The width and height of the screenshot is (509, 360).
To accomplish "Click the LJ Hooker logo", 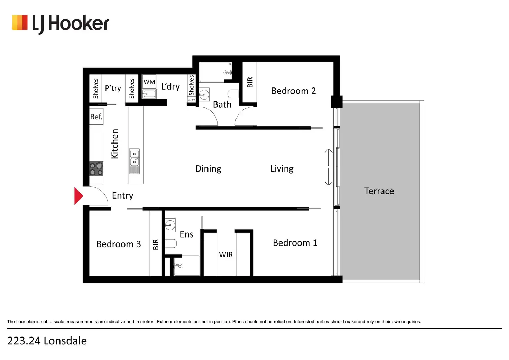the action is (61, 24).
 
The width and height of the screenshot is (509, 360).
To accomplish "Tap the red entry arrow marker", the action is (78, 196).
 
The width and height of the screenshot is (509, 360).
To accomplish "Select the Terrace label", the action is (379, 191).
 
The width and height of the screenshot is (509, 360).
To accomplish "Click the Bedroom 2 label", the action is (293, 91).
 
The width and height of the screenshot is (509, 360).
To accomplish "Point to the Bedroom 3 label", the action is (119, 244).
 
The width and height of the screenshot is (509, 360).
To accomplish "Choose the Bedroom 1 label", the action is (295, 243).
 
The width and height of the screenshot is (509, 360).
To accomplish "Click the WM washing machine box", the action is (149, 82).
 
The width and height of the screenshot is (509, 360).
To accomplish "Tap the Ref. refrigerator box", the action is (96, 117).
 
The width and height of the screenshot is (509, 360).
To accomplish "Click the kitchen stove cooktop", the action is (96, 169).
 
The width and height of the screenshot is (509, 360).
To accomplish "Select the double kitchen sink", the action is (135, 158).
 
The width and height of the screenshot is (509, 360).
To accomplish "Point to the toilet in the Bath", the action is (233, 94).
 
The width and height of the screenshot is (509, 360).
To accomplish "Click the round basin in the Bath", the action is (204, 94).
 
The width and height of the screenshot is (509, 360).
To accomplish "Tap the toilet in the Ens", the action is (171, 243).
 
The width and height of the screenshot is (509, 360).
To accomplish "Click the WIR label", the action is (226, 255).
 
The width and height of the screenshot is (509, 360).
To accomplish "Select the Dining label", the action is (208, 169).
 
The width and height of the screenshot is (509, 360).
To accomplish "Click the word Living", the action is (282, 169).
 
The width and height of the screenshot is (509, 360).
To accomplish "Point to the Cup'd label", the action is (191, 100).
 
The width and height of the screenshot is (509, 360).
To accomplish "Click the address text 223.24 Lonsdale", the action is (47, 341).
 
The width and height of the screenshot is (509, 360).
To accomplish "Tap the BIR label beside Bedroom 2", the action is (250, 82).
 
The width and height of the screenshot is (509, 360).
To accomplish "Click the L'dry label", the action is (170, 86).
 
